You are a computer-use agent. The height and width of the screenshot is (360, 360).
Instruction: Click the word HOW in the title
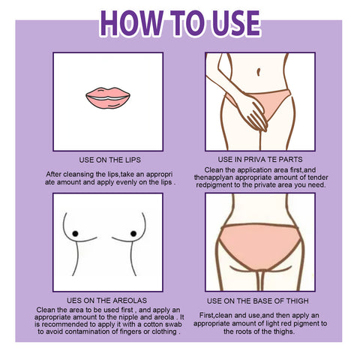click(x=131, y=23)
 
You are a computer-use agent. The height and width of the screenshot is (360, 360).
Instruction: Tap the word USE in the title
click(x=235, y=23)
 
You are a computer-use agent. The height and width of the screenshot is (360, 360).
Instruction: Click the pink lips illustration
click(x=108, y=97)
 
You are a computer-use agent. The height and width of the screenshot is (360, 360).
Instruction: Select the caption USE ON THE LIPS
click(x=109, y=160)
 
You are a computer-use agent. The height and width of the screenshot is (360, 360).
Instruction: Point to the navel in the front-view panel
click(x=259, y=72)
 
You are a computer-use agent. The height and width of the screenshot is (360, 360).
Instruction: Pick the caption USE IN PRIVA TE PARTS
click(x=260, y=160)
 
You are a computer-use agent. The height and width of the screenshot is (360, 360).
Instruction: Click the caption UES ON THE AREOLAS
click(x=106, y=300)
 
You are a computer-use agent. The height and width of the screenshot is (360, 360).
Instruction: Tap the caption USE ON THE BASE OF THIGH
click(x=258, y=301)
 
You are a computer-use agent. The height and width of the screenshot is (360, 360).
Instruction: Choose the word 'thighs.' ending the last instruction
click(x=284, y=331)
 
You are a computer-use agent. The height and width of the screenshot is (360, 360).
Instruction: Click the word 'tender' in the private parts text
click(x=318, y=178)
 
